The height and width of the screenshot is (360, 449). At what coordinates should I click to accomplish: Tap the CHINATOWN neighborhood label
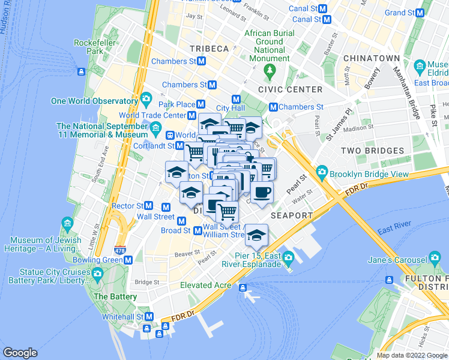372,58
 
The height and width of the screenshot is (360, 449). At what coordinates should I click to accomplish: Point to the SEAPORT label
292,215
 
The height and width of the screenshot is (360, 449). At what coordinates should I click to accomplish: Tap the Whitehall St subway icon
149,317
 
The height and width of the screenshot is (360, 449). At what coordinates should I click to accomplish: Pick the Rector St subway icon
148,206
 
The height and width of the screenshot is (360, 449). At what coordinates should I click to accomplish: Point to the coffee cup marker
262,193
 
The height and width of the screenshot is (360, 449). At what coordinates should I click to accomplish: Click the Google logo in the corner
20,353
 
